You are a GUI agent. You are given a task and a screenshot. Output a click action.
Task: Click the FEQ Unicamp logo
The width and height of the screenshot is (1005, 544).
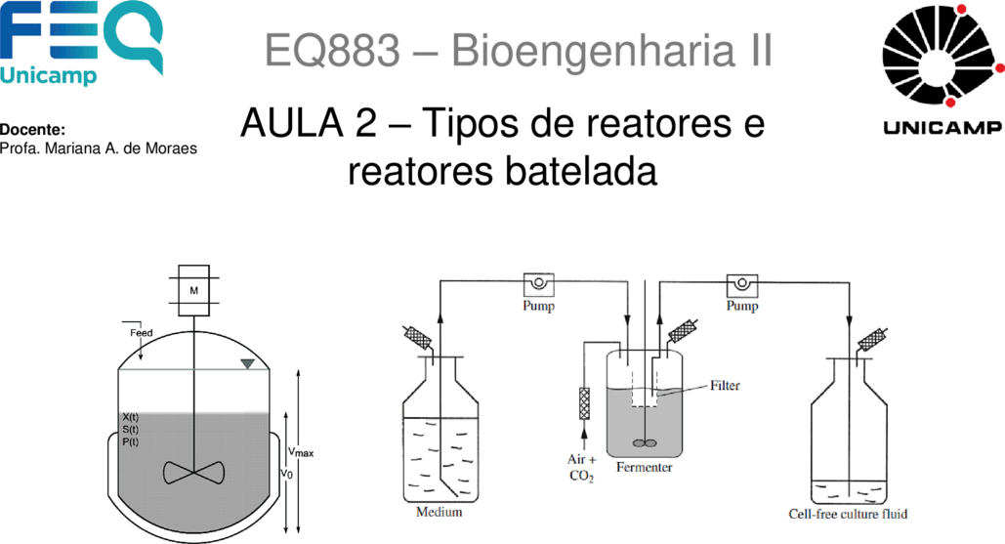click(x=81, y=43)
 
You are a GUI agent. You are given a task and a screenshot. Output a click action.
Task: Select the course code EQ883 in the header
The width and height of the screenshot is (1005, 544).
click(x=333, y=51)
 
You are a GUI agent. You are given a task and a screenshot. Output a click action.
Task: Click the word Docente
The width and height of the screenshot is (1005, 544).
click(x=32, y=130)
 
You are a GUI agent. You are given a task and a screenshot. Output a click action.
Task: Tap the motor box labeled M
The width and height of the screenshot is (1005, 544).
click(x=193, y=290)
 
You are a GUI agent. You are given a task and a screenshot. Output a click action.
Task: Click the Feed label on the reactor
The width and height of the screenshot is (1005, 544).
click(x=141, y=333)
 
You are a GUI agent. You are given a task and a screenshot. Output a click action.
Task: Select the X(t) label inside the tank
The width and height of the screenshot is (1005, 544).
click(x=130, y=417)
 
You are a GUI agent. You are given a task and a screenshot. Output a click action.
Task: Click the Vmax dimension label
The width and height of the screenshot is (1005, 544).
click(x=301, y=452)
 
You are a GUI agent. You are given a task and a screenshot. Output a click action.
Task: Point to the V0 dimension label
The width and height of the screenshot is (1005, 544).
click(x=286, y=474)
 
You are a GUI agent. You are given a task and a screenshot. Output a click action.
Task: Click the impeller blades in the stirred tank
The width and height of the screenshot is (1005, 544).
click(x=193, y=473)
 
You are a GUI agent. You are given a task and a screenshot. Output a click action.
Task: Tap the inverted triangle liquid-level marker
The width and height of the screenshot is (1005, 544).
click(x=247, y=364)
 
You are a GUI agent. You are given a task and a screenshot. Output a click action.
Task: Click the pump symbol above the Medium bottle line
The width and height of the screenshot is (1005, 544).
click(x=538, y=284)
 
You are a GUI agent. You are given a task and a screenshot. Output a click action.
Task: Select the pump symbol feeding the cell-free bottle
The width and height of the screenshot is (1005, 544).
click(x=741, y=284)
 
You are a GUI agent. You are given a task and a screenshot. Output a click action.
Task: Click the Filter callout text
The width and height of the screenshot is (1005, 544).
click(x=725, y=385)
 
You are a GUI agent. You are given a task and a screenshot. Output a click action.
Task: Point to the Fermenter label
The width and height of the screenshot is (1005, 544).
click(x=645, y=467)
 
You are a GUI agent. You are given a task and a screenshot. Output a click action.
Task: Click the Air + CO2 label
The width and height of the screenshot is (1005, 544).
click(x=582, y=468)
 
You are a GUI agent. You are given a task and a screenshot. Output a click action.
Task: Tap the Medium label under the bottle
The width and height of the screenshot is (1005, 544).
click(x=440, y=512)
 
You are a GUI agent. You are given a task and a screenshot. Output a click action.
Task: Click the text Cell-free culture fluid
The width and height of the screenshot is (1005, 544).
click(x=848, y=514)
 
